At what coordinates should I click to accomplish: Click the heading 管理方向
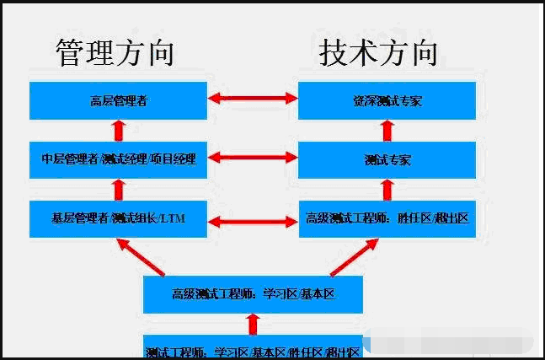click(115, 52)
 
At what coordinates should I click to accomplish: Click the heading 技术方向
click(379, 52)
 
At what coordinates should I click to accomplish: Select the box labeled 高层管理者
click(119, 100)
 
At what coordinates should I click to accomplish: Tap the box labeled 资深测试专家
click(387, 100)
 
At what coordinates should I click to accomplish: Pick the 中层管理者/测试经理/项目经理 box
click(119, 159)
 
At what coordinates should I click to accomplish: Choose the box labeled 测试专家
click(387, 159)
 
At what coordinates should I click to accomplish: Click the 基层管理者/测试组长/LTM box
click(119, 218)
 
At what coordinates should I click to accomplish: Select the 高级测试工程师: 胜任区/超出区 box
click(387, 218)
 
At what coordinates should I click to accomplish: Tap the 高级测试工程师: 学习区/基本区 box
click(253, 294)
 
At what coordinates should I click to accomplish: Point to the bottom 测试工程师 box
click(253, 348)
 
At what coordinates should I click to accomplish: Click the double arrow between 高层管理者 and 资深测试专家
click(253, 99)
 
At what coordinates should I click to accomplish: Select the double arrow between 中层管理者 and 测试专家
click(253, 157)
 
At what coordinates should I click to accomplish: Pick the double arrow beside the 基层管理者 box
click(253, 221)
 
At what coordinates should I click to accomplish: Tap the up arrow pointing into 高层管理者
click(119, 130)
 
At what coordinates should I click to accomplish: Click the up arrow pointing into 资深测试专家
click(387, 130)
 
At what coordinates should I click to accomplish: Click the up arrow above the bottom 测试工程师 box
click(252, 324)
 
